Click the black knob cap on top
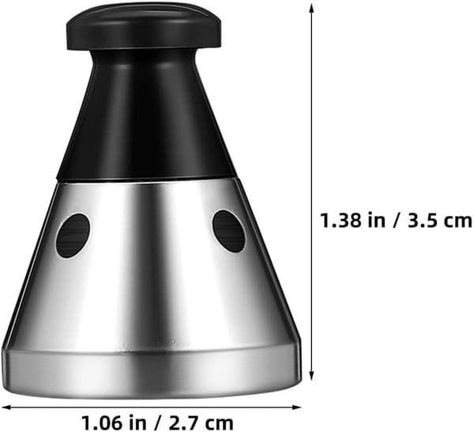tap(144, 29)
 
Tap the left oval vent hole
tap(73, 236)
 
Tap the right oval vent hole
tap(229, 232)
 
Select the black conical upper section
tap(145, 121)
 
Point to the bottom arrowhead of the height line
tap(312, 375)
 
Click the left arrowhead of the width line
tap(6, 407)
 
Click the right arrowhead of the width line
tap(297, 407)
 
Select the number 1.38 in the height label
tap(340, 221)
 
